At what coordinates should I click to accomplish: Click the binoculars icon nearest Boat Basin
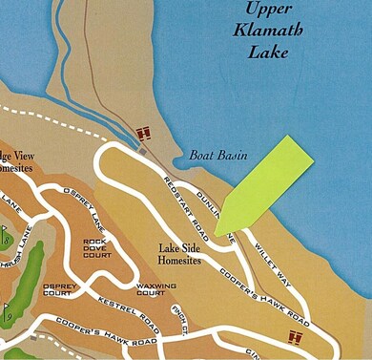point(145,134)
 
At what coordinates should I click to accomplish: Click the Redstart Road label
point(186,201)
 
